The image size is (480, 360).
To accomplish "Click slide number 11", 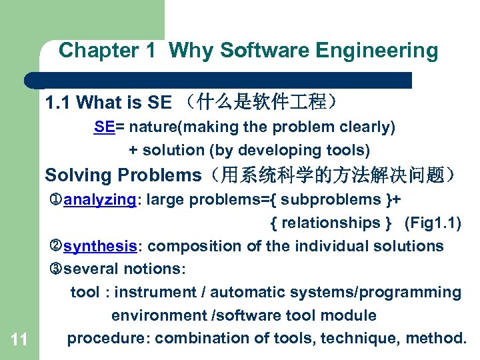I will (19, 340).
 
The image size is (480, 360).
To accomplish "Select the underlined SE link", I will (104, 127).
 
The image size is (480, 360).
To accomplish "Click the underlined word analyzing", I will (99, 199).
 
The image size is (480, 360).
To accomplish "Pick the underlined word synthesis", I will (100, 246).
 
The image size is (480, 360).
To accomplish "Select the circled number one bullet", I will (56, 199).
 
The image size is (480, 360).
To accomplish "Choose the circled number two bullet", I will (56, 246).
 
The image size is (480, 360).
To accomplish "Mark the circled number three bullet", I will (56, 269).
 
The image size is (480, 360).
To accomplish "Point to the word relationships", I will (331, 223).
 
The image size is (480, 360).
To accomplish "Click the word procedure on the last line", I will (108, 339).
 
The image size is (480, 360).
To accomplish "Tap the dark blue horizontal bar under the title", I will (220, 80).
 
